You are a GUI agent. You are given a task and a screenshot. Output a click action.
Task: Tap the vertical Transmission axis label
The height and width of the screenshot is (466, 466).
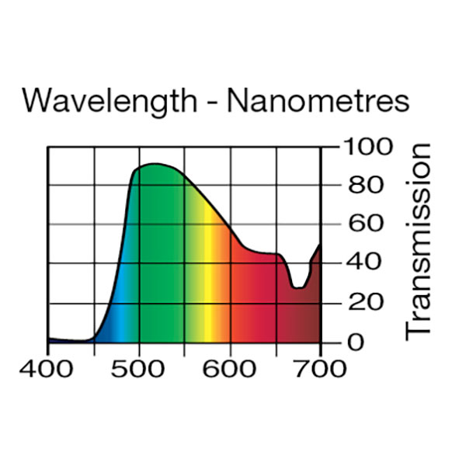(x=419, y=241)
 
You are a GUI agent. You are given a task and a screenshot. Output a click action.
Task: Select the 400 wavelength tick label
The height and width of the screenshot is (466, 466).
(x=48, y=367)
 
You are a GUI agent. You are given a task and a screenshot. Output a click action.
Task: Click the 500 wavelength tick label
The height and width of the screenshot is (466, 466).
(x=139, y=367)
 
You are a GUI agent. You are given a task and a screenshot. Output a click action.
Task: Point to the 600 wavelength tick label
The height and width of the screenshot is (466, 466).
(x=230, y=367)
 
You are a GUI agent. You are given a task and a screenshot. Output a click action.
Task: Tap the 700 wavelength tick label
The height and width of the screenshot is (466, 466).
(x=320, y=367)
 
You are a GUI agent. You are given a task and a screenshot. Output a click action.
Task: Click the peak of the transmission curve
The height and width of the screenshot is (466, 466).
(x=155, y=164)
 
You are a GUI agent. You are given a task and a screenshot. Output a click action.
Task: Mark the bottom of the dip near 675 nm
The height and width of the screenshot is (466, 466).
(x=297, y=288)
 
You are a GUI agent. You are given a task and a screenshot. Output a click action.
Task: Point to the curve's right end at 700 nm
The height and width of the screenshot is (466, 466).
(x=319, y=245)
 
